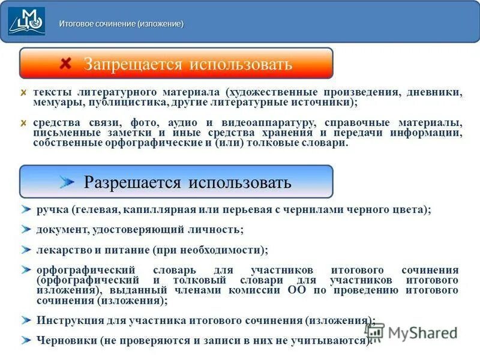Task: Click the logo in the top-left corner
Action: (26, 22)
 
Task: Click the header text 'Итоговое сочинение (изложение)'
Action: (121, 24)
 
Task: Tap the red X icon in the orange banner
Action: (66, 63)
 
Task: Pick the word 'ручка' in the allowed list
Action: (52, 210)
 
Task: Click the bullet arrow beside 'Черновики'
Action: (25, 340)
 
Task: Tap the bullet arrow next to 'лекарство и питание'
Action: (25, 249)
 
